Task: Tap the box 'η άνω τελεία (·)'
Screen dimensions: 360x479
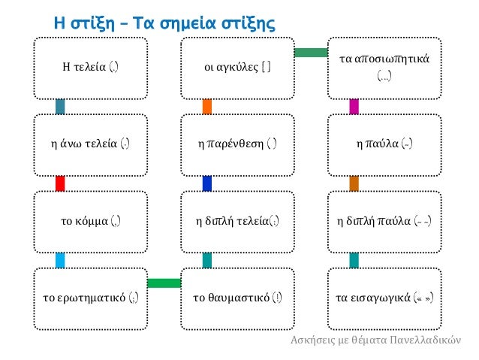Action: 91,144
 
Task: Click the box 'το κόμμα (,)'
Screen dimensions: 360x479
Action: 91,221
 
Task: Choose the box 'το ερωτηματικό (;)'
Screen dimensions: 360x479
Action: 91,297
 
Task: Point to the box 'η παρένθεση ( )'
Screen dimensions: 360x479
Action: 238,144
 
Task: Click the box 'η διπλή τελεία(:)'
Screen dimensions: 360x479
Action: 238,221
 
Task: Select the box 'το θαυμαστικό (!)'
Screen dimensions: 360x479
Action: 238,297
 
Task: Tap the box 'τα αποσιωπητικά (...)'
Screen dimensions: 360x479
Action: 384,68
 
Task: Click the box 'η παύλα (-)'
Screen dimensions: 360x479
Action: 384,144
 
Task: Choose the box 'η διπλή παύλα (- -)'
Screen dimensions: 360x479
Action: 384,221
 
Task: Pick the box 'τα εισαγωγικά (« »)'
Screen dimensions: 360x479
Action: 384,297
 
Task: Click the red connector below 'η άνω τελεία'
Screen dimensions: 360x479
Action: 60,183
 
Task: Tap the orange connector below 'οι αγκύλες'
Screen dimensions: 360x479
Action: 207,107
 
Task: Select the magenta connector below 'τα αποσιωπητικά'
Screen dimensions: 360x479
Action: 354,107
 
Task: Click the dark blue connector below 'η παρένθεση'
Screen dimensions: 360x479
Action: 207,183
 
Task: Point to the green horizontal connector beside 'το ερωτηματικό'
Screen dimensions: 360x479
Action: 164,283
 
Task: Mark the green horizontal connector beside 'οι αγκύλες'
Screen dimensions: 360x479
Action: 311,52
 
